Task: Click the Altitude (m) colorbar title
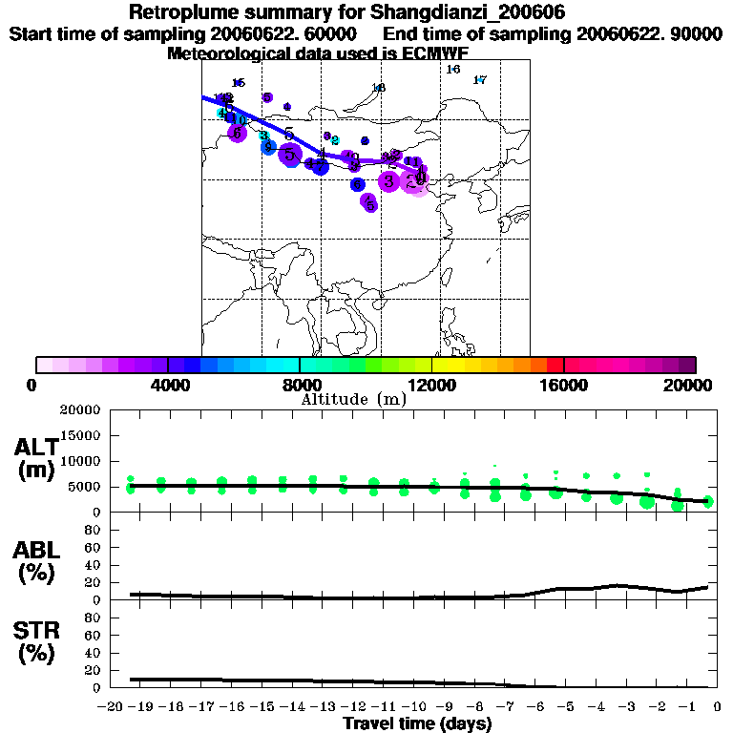point(353,398)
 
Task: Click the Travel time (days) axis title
point(417,723)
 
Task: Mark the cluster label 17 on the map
point(480,80)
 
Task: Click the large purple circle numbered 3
point(388,180)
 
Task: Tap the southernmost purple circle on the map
point(369,202)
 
